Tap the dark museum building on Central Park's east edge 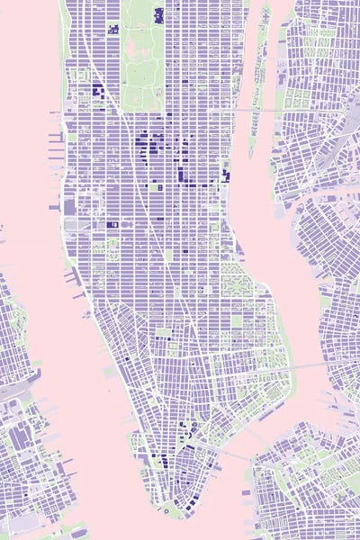pos(159,15)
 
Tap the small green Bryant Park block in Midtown pos(159,189)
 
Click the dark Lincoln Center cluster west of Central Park pos(96,90)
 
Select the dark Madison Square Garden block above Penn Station pos(112,223)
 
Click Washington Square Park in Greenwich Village pos(162,332)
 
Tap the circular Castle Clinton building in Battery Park pos(167,510)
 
